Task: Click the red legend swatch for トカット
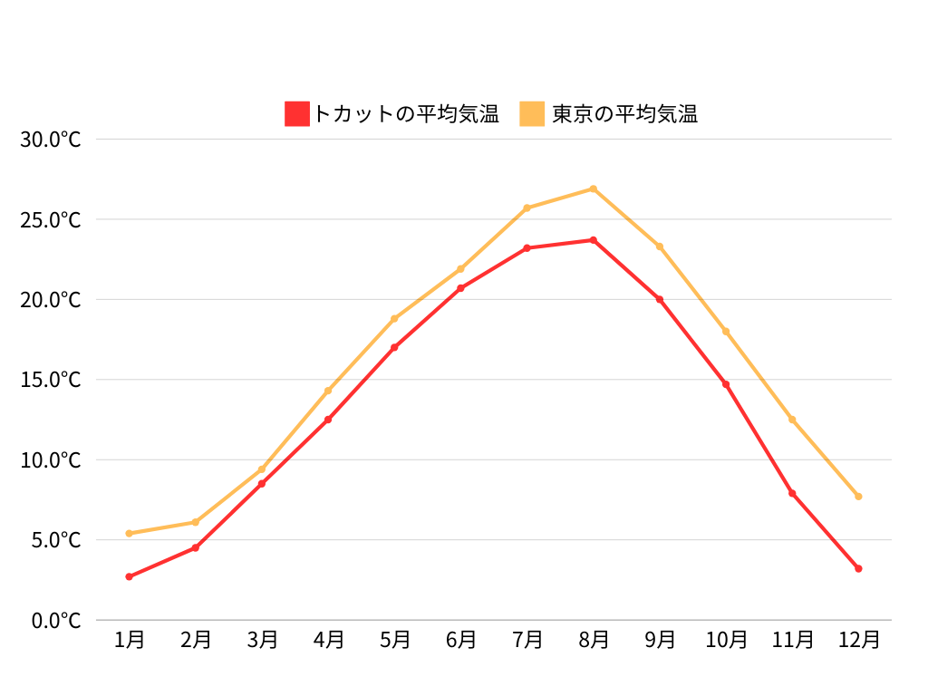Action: point(297,113)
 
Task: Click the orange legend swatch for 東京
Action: point(532,113)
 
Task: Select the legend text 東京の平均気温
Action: point(624,114)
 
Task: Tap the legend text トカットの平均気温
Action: point(406,114)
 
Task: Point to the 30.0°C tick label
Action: point(51,140)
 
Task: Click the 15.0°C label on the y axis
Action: point(51,380)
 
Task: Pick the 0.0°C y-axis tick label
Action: point(55,621)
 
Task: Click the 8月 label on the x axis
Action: point(594,640)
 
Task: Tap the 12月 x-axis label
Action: point(858,640)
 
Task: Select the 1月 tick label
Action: point(130,640)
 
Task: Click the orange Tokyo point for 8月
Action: point(594,188)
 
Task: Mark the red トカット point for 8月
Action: point(594,240)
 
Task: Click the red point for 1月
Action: point(130,576)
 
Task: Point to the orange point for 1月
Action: point(130,533)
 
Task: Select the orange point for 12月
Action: point(858,497)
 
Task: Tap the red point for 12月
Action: point(858,568)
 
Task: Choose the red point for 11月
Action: point(792,493)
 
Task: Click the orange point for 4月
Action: point(328,391)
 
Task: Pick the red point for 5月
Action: point(394,347)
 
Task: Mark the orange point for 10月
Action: point(726,332)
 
